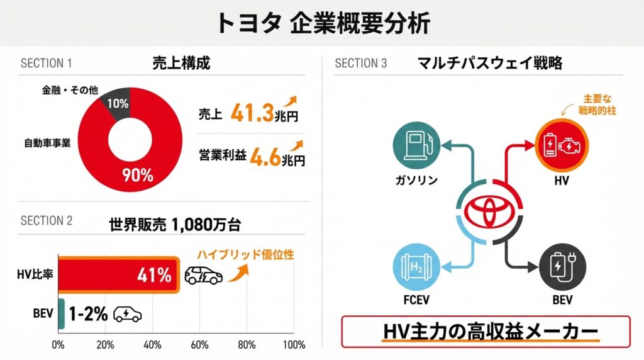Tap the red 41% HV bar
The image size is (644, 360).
(x=118, y=275)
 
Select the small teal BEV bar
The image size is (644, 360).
(x=61, y=313)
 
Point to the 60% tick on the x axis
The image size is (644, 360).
(x=199, y=345)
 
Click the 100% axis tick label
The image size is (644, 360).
(x=294, y=345)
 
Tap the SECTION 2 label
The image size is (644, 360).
(x=47, y=221)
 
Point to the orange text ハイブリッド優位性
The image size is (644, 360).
(x=246, y=256)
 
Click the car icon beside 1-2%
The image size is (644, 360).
(x=127, y=314)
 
